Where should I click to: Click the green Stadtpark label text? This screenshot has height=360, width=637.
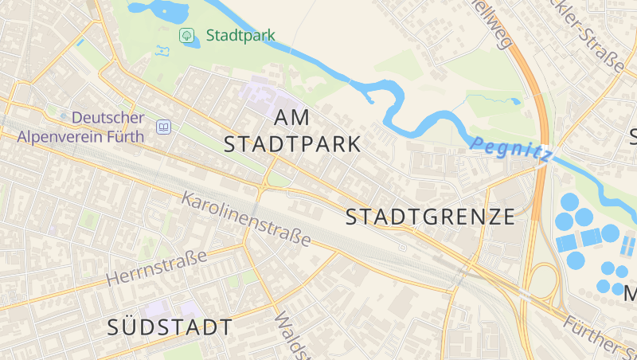[240, 35]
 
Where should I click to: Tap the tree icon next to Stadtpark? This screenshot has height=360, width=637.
[186, 35]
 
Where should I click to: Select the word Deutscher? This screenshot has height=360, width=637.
[107, 117]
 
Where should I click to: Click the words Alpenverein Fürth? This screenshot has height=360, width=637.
[80, 136]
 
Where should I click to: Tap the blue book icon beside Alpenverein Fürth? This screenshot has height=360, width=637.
[163, 127]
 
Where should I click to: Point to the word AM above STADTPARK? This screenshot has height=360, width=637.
[291, 117]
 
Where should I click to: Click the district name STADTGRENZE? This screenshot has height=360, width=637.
[431, 217]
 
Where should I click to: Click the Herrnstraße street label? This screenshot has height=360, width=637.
[156, 268]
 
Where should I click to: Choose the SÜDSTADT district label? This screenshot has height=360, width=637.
[170, 327]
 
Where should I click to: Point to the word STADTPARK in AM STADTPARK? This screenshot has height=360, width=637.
[292, 144]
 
